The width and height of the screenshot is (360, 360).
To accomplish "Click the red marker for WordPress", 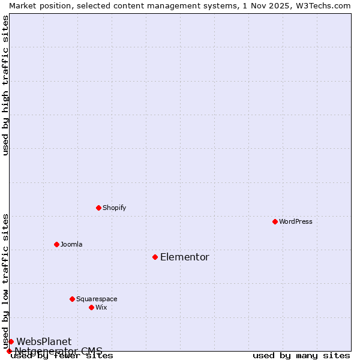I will click(275, 221).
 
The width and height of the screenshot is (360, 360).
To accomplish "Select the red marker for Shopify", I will click(98, 208).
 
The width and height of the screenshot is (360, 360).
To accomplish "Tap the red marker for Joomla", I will click(56, 244).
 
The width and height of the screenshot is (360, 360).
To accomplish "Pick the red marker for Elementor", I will click(155, 257).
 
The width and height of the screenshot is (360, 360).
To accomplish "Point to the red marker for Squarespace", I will click(72, 299).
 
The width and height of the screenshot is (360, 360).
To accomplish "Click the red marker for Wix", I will click(91, 307).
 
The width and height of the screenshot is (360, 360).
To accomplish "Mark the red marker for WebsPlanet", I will click(11, 341).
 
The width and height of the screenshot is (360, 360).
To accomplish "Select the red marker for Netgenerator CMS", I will click(9, 351).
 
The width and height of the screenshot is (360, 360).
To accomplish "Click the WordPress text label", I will click(296, 221).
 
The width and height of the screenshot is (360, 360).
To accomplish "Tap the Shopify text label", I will click(114, 208).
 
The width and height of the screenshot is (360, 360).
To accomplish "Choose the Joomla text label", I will click(71, 244).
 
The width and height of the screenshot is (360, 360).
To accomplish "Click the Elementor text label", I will click(185, 257).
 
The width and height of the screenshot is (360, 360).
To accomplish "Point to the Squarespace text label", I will click(97, 299).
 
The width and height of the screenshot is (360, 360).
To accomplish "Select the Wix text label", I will click(101, 307).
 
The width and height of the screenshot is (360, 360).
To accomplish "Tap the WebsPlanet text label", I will click(44, 341).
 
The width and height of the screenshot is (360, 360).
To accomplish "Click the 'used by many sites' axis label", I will click(301, 356).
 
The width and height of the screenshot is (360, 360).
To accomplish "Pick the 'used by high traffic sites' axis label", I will click(6, 85).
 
